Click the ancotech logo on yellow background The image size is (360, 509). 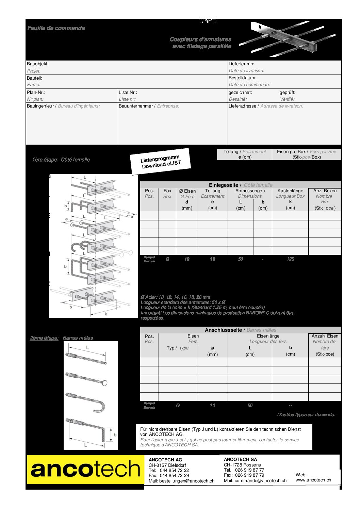pyautogui.click(x=85, y=470)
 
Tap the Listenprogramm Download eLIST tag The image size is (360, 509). pyautogui.click(x=161, y=162)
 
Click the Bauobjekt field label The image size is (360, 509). pyautogui.click(x=38, y=64)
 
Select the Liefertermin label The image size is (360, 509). pyautogui.click(x=241, y=64)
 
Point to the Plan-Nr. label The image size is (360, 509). pyautogui.click(x=36, y=92)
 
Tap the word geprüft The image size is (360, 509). pyautogui.click(x=288, y=92)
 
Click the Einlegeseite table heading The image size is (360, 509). pyautogui.click(x=223, y=185)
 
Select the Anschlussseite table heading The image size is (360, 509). pyautogui.click(x=223, y=330)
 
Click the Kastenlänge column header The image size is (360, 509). pyautogui.click(x=290, y=191)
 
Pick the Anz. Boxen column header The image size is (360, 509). pyautogui.click(x=325, y=191)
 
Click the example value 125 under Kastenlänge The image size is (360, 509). pyautogui.click(x=290, y=259)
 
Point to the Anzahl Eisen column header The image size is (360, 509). pyautogui.click(x=325, y=336)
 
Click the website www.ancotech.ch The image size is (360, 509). pyautogui.click(x=313, y=480)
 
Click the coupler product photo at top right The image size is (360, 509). pyautogui.click(x=288, y=38)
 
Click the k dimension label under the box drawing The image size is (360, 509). pyautogui.click(x=105, y=314)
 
